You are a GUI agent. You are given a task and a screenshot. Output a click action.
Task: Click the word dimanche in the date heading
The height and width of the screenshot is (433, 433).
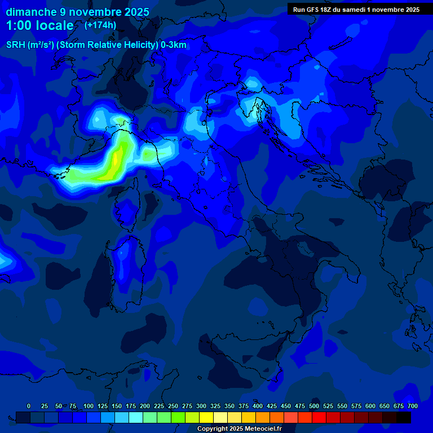tap(30, 12)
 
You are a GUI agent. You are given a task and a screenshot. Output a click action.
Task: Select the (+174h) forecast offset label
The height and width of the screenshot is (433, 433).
tap(100, 25)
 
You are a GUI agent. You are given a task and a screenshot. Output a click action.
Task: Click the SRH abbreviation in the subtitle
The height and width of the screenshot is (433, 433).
tap(16, 45)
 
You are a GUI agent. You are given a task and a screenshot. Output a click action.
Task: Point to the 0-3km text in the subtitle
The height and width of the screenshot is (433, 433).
tap(174, 45)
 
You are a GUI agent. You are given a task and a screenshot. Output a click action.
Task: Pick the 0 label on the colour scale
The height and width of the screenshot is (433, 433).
tap(29, 406)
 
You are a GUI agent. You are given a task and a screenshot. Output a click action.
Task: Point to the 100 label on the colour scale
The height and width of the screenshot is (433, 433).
tap(89, 406)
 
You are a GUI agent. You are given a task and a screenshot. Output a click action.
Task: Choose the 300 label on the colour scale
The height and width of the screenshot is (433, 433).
tap(201, 406)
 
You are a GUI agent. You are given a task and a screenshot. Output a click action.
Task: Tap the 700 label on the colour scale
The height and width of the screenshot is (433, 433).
tap(413, 406)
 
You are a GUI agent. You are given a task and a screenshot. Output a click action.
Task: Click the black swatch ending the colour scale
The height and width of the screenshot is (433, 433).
tap(404, 417)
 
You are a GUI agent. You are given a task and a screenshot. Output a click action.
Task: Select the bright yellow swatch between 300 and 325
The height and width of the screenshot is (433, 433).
tap(206, 417)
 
